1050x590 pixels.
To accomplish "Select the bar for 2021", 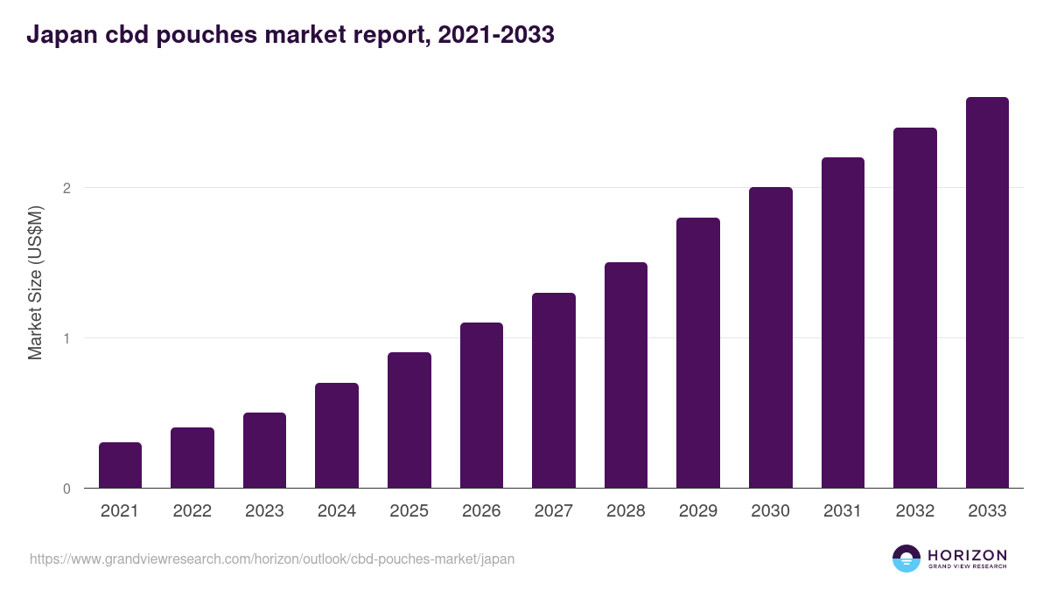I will pos(120,465).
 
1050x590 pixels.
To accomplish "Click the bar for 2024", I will pos(337,435).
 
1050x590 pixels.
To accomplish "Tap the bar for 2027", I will pos(554,391).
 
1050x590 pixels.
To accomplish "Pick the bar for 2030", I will pos(770,337).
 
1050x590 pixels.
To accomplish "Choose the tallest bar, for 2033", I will pos(987,293).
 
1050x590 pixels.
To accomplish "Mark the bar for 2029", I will pos(698,353).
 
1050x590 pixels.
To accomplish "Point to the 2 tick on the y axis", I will pos(66,188).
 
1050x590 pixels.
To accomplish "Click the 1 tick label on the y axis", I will pos(66,338).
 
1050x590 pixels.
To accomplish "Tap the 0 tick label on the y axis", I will pos(66,489).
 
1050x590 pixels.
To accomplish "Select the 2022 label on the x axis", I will pos(192,511).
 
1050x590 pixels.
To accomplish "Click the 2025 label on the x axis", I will pos(409,511).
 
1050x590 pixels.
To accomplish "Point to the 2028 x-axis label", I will pos(626,511).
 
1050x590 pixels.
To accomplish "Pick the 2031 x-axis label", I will pos(843,511).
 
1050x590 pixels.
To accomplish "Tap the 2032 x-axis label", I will pos(915,511).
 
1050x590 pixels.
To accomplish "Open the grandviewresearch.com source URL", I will pos(272,559).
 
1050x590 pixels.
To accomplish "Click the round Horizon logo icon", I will pos(906,559).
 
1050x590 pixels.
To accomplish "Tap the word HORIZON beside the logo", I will pos(967,555).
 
